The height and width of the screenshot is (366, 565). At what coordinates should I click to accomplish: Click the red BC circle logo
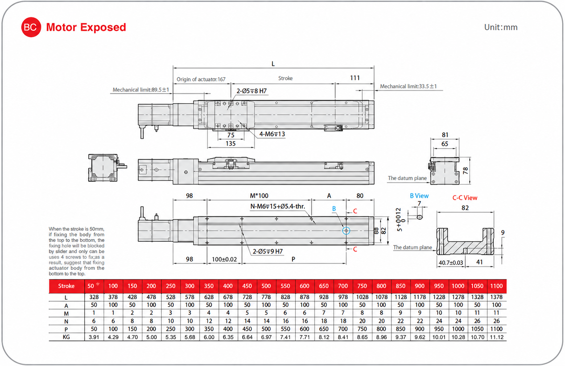point(31,27)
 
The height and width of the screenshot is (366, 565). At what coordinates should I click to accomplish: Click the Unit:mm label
point(501,27)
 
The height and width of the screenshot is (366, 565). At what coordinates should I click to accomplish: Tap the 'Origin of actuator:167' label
point(201,79)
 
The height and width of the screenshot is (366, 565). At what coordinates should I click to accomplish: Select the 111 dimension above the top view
point(355,78)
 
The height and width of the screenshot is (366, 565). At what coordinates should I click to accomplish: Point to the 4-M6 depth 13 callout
point(272,134)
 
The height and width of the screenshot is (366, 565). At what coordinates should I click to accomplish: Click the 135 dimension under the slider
point(231,144)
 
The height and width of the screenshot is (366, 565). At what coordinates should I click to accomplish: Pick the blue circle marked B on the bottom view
point(346,230)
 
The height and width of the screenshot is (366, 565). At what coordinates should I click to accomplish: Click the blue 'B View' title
point(419,196)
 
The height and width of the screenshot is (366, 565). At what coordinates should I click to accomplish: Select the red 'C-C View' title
point(465,198)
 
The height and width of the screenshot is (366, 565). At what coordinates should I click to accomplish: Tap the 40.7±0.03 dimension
point(451,263)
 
